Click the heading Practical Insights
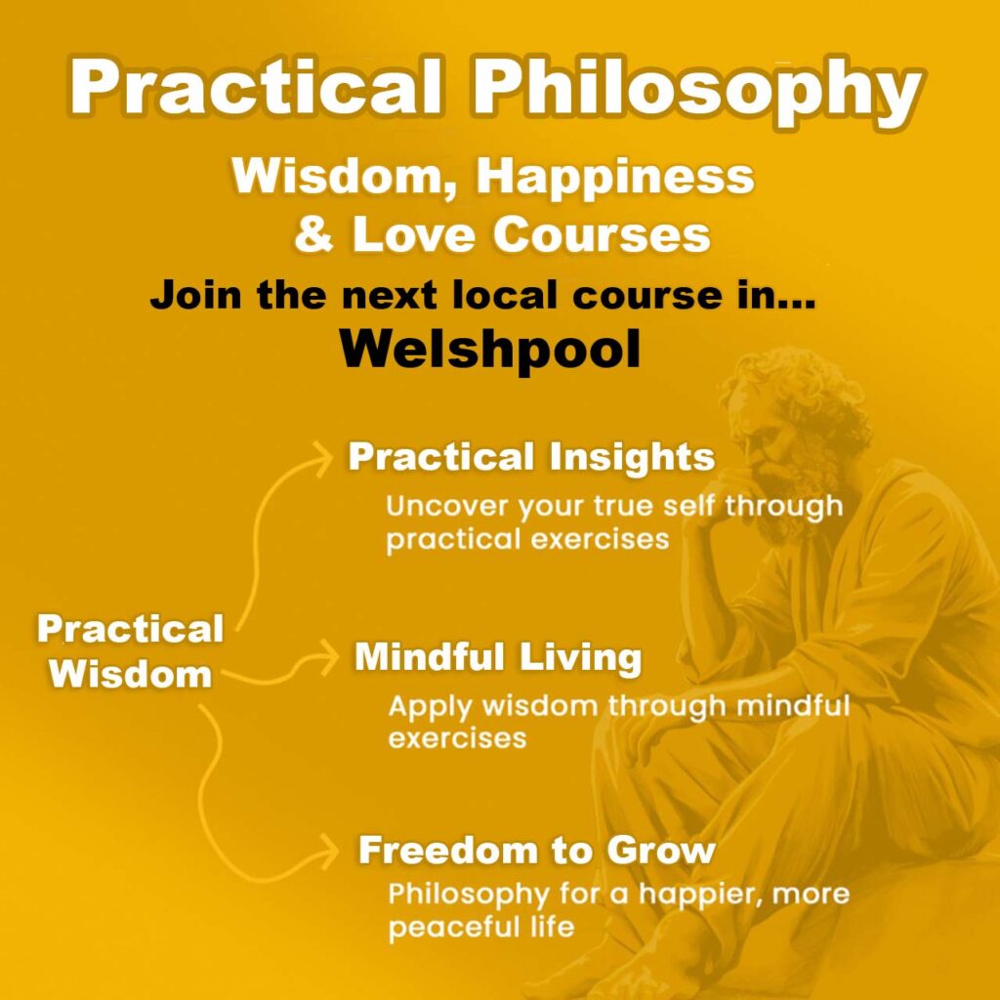531,457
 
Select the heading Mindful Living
497,657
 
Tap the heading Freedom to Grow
536,851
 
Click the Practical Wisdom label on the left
131,650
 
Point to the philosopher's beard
801,488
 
